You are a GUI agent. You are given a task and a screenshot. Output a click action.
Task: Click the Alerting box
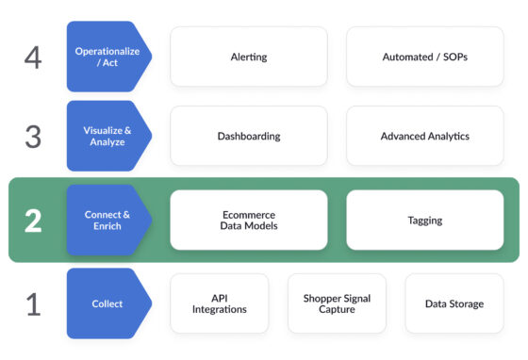(248, 57)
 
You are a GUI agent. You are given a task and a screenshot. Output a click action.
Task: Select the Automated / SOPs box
(424, 57)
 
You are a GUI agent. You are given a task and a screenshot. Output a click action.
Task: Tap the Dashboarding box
(248, 136)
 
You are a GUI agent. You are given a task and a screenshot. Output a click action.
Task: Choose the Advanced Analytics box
(424, 136)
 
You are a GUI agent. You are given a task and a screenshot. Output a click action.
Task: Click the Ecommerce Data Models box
(248, 221)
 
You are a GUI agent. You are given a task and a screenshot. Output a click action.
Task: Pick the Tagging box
(424, 221)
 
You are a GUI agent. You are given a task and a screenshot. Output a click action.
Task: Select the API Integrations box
(219, 303)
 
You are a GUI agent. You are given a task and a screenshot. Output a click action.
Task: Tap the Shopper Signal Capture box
(337, 303)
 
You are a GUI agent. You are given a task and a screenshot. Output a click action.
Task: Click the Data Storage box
(454, 303)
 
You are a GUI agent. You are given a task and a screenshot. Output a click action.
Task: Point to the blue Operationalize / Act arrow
(106, 57)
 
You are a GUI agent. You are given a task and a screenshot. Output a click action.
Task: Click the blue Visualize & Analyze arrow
(106, 136)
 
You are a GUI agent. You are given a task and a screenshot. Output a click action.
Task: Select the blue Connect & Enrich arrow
(106, 221)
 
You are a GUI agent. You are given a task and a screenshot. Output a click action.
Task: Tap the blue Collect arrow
(106, 303)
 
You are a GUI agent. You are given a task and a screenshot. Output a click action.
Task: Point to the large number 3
(33, 137)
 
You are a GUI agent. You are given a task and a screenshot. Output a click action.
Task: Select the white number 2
(33, 221)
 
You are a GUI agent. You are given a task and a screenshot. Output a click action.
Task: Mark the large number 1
(33, 304)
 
